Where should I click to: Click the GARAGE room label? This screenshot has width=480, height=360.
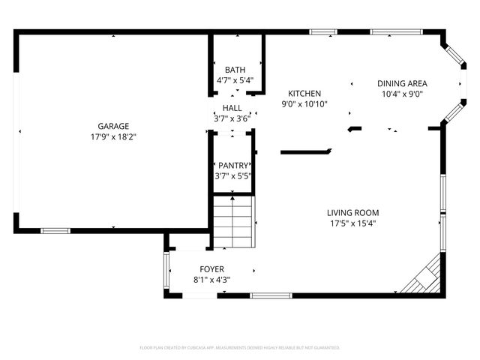coord(113,126)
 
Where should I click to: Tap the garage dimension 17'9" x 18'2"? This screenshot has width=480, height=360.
coord(113,137)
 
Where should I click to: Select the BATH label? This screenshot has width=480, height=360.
coord(235,70)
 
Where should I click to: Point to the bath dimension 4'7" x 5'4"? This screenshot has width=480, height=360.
coord(235,80)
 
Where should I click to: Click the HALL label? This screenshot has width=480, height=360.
coord(232,108)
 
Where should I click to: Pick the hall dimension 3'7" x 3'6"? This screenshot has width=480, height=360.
coord(232,118)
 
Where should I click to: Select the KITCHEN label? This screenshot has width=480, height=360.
coord(304,94)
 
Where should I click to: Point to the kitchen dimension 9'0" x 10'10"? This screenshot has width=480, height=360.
coord(304,104)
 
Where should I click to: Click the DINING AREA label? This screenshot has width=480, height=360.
coord(402,83)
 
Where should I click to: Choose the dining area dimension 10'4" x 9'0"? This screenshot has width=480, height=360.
coord(402,94)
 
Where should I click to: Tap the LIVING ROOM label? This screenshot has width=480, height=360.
coord(352,212)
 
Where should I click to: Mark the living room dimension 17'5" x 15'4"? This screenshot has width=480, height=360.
coord(352,223)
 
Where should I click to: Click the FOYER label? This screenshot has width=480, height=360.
coord(211,268)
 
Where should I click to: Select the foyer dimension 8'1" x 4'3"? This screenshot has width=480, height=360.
coord(211,280)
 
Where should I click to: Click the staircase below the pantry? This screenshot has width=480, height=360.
coord(232,221)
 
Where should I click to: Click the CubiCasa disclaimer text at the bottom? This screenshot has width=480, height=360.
coord(240,348)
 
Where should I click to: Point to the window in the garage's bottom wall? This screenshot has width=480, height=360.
coord(55,230)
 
